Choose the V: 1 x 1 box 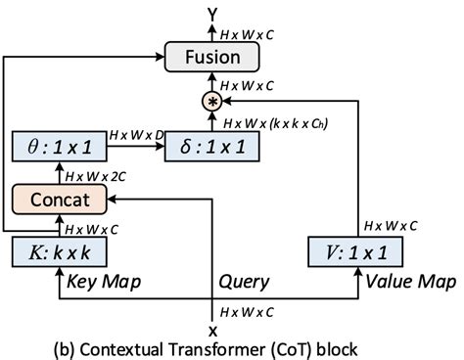(x=349, y=253)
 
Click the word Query (x=243, y=283)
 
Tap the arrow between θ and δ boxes (x=135, y=147)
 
